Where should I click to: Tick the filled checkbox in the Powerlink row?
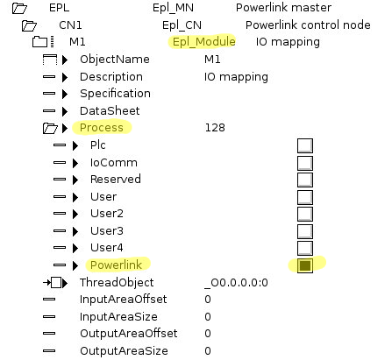click(305, 265)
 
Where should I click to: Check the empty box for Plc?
click(305, 145)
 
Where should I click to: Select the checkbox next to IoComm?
click(305, 163)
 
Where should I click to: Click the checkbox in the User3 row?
click(305, 231)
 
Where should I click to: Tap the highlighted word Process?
click(102, 128)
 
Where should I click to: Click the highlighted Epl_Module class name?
click(204, 42)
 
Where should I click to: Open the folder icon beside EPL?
click(19, 8)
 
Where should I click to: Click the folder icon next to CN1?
click(29, 25)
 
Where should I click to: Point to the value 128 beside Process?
click(215, 128)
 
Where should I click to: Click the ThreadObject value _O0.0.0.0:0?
click(236, 283)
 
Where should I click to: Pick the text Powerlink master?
click(283, 8)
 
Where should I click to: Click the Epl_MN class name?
click(173, 8)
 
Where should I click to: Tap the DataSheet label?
click(110, 110)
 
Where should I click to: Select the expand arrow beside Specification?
click(65, 94)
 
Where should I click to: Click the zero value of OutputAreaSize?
click(208, 350)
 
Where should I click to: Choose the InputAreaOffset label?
click(123, 300)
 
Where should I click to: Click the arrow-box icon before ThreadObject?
click(55, 283)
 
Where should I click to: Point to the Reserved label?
click(116, 179)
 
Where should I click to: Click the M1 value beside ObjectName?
click(212, 60)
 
